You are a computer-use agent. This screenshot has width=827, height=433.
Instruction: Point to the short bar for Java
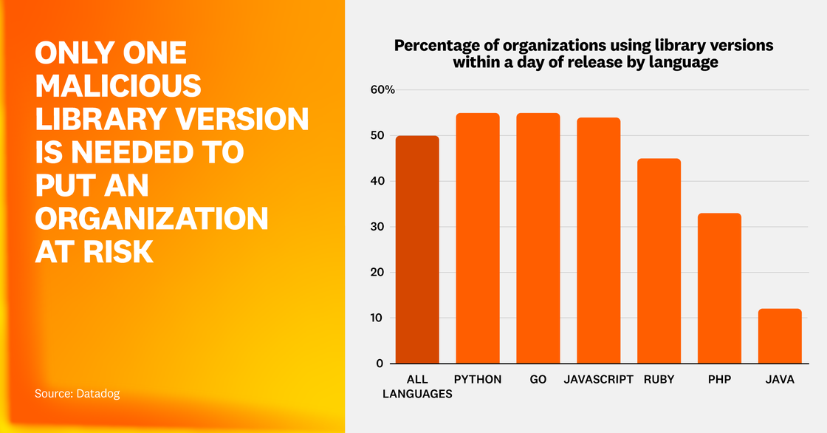[780, 336]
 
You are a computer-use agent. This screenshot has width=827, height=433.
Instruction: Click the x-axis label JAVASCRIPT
[599, 379]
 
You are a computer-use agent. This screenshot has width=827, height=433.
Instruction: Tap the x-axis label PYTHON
[478, 379]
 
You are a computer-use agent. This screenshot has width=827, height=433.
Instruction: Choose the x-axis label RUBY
[659, 379]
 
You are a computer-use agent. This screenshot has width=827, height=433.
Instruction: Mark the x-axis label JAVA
[780, 379]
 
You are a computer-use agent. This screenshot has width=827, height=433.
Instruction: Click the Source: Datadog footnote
[77, 394]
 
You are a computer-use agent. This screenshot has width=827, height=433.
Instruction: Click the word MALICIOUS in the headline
[118, 86]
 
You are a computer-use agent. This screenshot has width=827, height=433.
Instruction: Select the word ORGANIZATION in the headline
[151, 219]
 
